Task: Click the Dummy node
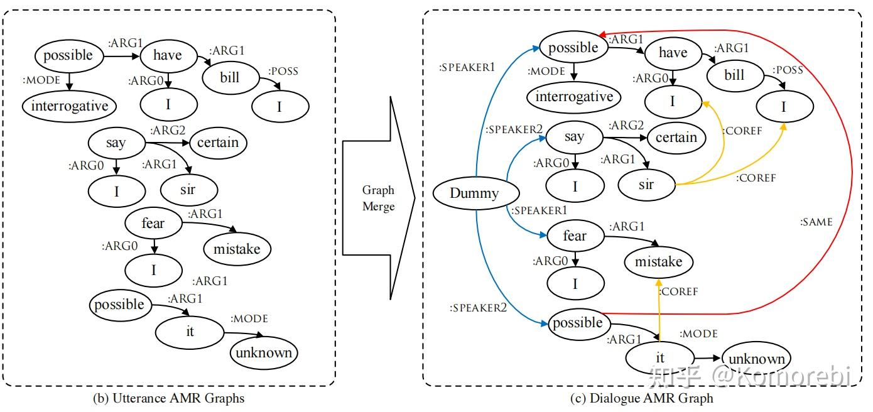(474, 193)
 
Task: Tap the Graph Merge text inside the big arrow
(378, 198)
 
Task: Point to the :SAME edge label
(816, 222)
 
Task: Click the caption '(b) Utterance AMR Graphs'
(168, 398)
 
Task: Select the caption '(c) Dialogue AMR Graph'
(642, 398)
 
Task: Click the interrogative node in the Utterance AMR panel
(70, 106)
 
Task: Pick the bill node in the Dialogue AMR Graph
(734, 75)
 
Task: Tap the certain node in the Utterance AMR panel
(218, 143)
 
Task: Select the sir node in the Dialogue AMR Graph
(646, 184)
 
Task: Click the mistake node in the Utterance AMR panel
(237, 249)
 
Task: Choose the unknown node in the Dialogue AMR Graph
(756, 359)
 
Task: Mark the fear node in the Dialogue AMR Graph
(574, 236)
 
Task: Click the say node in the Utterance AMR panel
(116, 143)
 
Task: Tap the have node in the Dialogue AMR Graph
(673, 53)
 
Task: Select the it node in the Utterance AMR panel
(190, 330)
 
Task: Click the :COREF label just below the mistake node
(678, 291)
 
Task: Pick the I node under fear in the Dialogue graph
(575, 284)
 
